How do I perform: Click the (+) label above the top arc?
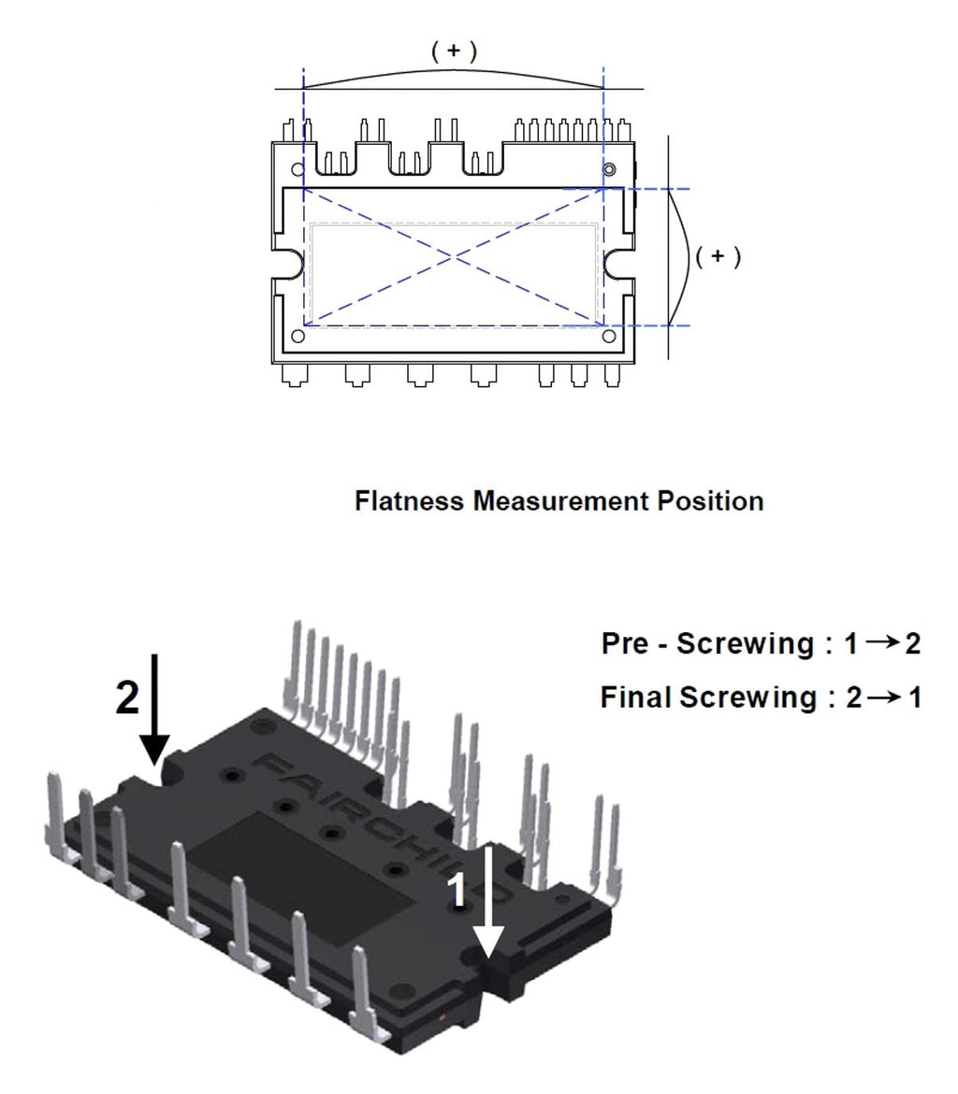[454, 52]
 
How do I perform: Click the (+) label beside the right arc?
[718, 256]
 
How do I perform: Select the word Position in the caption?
[710, 501]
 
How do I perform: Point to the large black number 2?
[128, 698]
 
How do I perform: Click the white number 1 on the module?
[458, 891]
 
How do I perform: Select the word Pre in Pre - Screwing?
[628, 644]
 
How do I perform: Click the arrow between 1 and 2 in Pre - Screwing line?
[882, 644]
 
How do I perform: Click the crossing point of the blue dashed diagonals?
[455, 256]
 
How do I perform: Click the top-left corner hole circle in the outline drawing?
[298, 171]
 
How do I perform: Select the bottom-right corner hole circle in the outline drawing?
[609, 336]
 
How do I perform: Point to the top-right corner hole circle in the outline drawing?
[609, 169]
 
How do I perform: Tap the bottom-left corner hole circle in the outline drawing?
[298, 336]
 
